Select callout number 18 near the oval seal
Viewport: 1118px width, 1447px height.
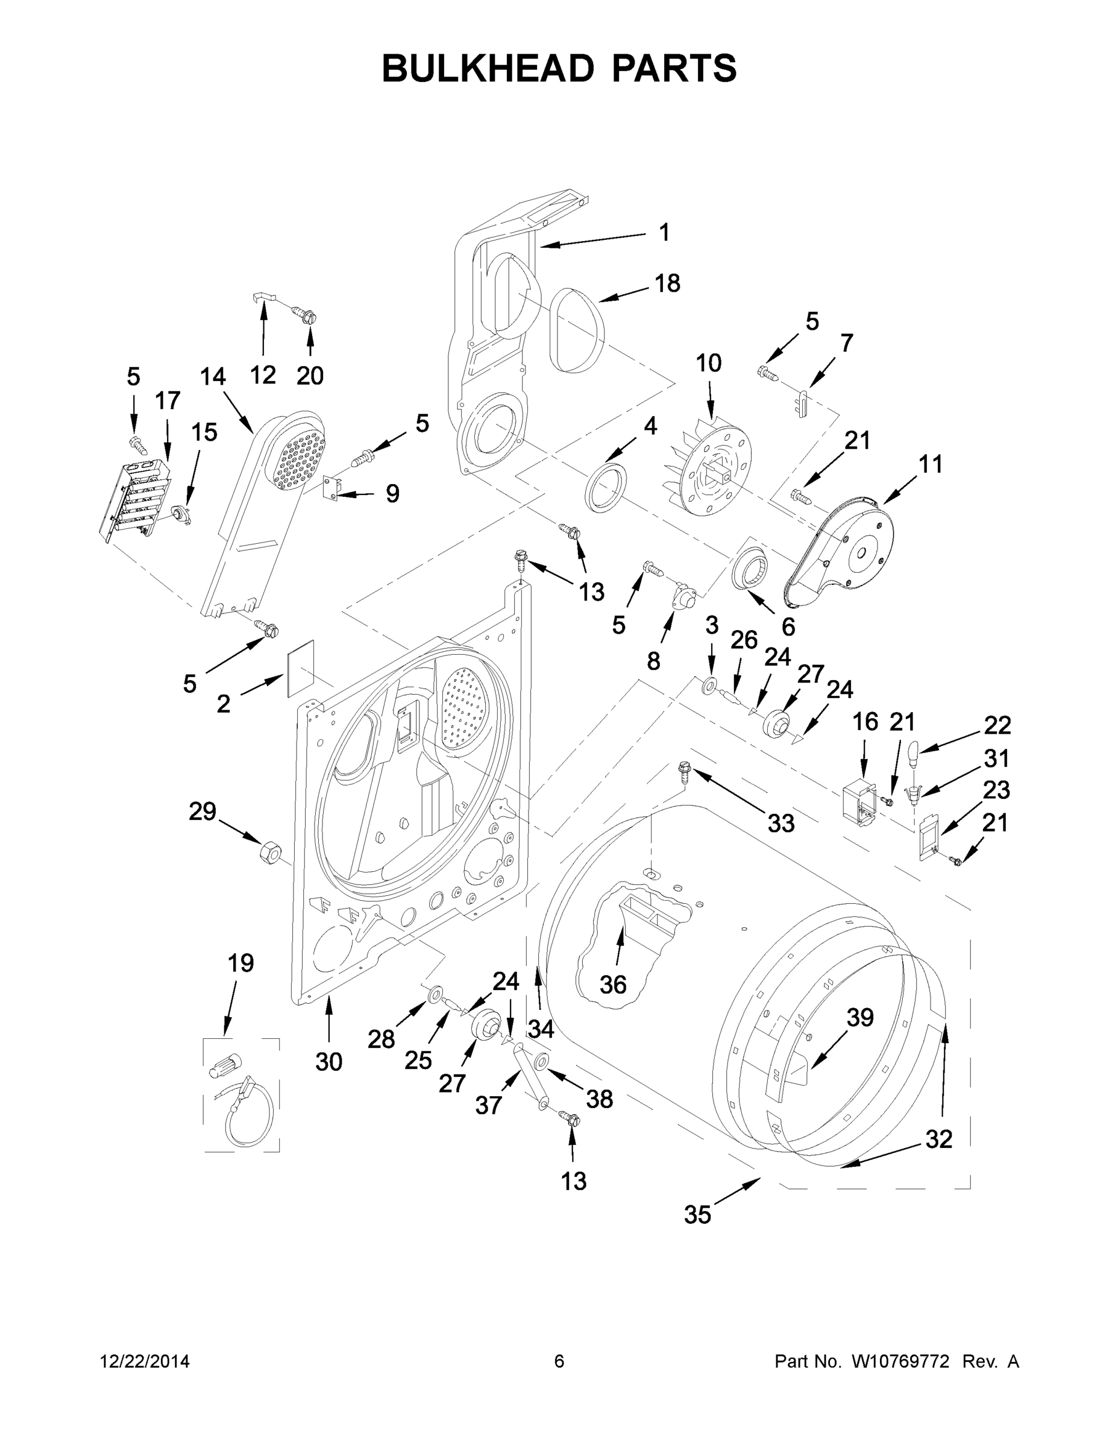tap(667, 283)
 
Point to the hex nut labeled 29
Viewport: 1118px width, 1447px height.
tap(269, 851)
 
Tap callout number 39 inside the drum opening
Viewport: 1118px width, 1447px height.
tap(859, 1017)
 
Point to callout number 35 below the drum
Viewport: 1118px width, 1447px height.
tap(697, 1214)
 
